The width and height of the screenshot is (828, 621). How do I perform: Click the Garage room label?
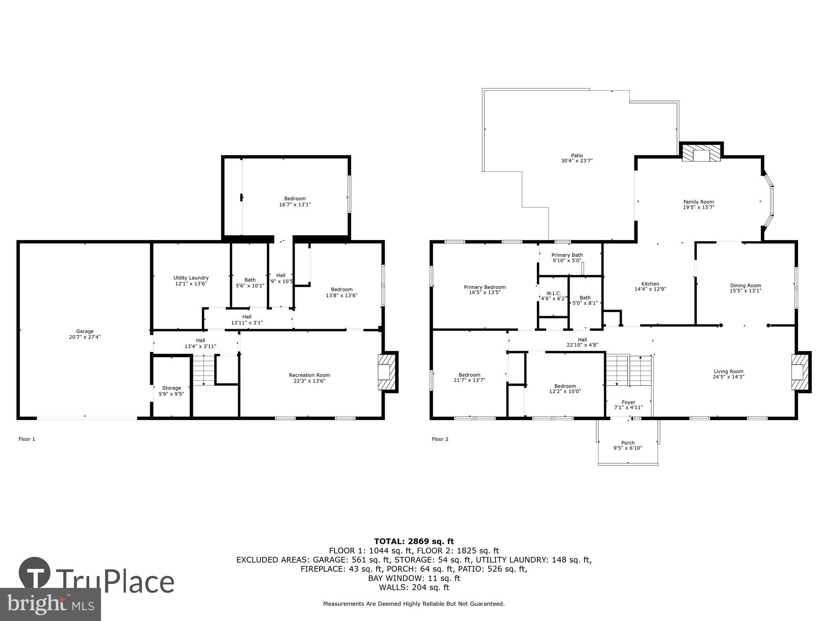[84, 331]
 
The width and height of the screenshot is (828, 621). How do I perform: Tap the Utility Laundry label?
[191, 278]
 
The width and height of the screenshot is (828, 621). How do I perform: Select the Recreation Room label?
[309, 375]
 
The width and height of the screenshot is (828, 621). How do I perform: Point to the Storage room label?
[171, 388]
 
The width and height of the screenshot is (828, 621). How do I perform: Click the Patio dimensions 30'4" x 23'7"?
[577, 161]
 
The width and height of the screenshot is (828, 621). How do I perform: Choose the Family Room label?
[698, 202]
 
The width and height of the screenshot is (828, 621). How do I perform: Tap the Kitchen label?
[650, 284]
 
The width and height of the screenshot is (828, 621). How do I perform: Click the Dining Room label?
[745, 285]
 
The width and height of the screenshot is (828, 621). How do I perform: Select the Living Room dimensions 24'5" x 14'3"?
[728, 377]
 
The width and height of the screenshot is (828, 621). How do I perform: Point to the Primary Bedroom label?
[484, 287]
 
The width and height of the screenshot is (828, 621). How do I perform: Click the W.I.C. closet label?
[554, 293]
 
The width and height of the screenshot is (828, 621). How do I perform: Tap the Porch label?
[628, 443]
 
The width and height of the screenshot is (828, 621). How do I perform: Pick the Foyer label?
[628, 402]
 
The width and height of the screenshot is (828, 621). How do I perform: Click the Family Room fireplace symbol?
[701, 154]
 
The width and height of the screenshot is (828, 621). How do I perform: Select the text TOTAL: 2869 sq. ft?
[414, 541]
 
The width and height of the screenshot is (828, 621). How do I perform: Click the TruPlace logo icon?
[34, 573]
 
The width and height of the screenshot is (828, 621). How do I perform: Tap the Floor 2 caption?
[440, 439]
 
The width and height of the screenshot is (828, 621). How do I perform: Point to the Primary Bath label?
[567, 255]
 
